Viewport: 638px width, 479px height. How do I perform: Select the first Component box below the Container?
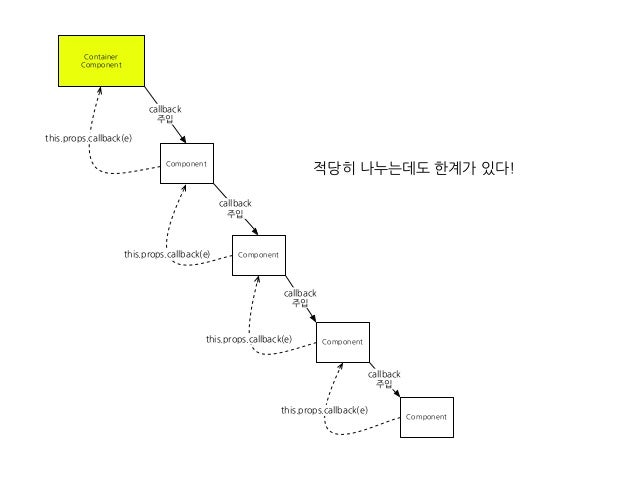click(x=187, y=163)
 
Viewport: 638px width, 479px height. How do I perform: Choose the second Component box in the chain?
click(x=258, y=255)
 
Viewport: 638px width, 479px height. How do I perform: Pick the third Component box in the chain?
click(x=342, y=342)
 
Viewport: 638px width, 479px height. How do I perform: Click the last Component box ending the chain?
click(x=426, y=415)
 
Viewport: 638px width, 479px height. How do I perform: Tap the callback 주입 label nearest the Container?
click(x=165, y=113)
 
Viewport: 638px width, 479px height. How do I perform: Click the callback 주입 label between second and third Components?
click(x=300, y=298)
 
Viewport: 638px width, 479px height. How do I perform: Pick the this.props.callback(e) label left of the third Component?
click(x=249, y=339)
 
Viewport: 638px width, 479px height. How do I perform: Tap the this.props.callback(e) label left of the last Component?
click(x=324, y=410)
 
